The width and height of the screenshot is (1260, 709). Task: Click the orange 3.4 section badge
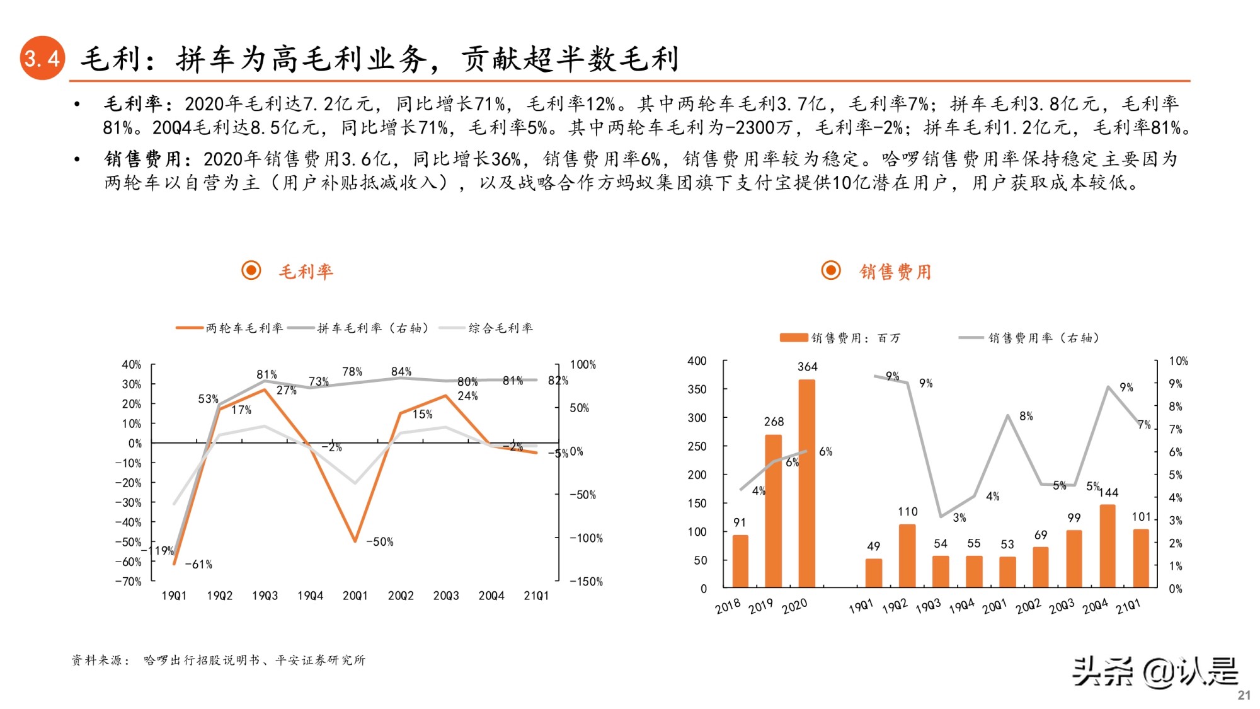point(42,58)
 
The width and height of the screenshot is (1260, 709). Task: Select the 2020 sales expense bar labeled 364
point(806,483)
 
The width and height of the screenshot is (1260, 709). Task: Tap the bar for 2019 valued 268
point(773,510)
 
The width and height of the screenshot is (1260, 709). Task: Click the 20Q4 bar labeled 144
point(1107,546)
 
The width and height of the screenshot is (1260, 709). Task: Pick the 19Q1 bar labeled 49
point(873,572)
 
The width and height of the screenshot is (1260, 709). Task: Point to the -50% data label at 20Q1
point(379,542)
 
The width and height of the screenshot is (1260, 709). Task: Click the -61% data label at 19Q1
point(198,565)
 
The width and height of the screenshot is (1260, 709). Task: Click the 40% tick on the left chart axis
point(131,365)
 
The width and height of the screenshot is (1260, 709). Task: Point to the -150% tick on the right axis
point(586,582)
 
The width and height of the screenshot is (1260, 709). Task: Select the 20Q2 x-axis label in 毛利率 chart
point(401,596)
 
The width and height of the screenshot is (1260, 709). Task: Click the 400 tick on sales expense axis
point(696,361)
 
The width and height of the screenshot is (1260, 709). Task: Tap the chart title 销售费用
point(895,272)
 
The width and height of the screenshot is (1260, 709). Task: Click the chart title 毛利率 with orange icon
point(306,272)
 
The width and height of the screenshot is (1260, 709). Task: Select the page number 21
point(1243,695)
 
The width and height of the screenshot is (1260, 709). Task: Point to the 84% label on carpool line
point(401,372)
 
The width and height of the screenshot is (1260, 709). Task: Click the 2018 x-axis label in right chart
point(728,606)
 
